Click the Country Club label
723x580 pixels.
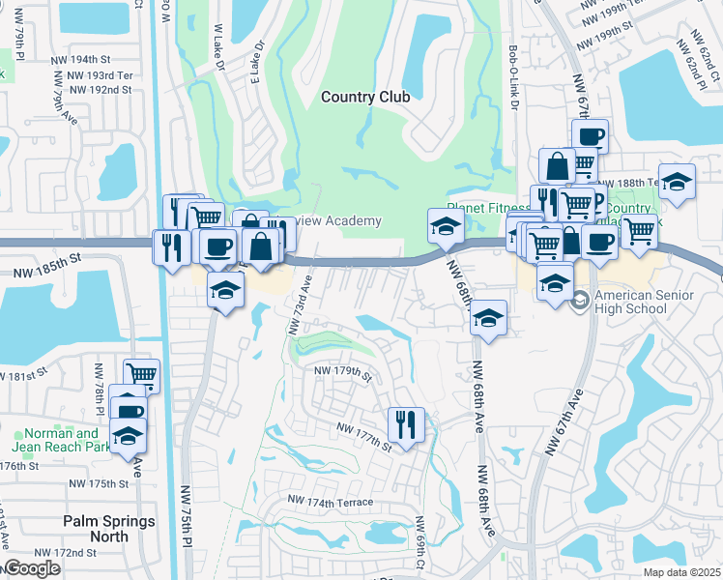pos(365,97)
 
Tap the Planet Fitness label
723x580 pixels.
pos(488,208)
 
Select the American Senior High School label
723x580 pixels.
pos(631,303)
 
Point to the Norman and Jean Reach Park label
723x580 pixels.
pos(61,441)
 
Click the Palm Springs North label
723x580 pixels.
pos(109,528)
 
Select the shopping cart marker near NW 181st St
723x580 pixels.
pos(141,373)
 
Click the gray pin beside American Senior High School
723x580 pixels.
pos(580,298)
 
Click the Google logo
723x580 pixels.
pos(31,568)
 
